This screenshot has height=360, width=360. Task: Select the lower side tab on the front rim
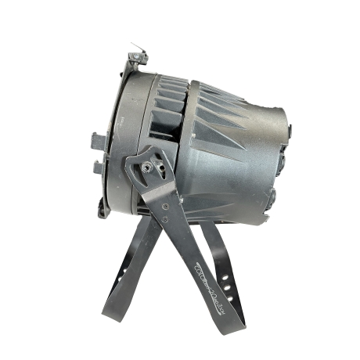coord(98,166)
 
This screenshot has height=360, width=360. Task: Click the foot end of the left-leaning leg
coord(107,311)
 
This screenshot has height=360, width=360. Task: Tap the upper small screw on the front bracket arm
coord(165,205)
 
